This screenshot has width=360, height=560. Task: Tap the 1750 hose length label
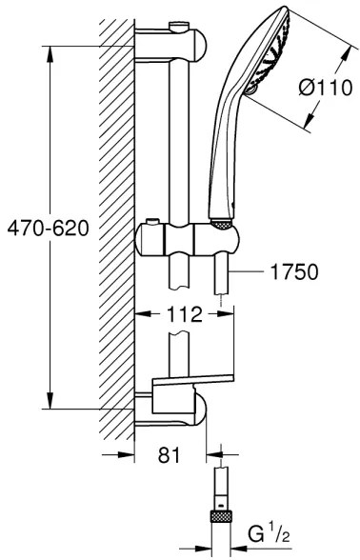(290, 272)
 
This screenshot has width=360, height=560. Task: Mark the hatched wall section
(117, 229)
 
